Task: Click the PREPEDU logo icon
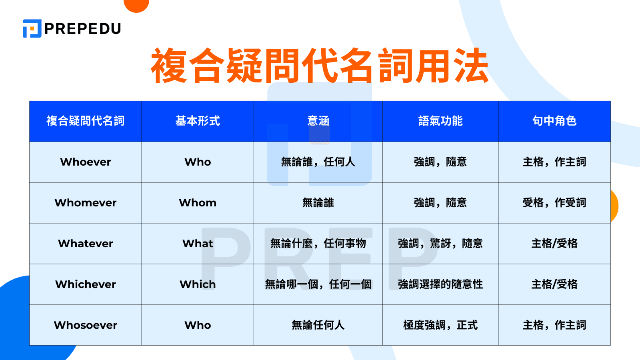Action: [x=32, y=28]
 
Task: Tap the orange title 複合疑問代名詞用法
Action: [x=320, y=66]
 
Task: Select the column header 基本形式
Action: [x=198, y=121]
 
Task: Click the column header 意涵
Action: [x=318, y=121]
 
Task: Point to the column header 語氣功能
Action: [x=440, y=121]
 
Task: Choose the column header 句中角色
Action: [x=554, y=121]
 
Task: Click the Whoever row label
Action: [x=86, y=162]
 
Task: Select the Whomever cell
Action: [x=86, y=203]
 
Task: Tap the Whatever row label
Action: [x=86, y=244]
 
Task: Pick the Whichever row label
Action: [x=86, y=284]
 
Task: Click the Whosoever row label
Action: [x=86, y=325]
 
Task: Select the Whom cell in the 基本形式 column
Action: [x=198, y=203]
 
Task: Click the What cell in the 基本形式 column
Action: [x=198, y=244]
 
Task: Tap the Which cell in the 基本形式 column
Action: [x=198, y=284]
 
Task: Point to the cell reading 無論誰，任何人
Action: [x=318, y=162]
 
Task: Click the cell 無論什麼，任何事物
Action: [x=318, y=244]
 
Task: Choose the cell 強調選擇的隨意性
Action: [x=440, y=284]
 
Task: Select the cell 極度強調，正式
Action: [x=440, y=325]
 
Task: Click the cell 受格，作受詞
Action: [x=554, y=203]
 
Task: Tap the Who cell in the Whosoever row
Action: [x=198, y=325]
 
